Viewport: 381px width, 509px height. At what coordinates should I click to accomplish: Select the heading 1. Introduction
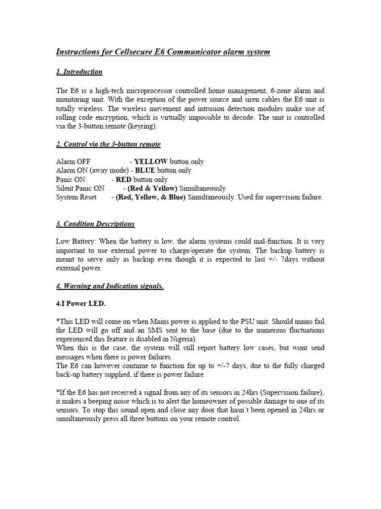(x=79, y=72)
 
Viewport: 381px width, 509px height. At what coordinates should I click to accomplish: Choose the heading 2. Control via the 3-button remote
(x=108, y=144)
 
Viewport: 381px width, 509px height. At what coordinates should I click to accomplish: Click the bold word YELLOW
(x=151, y=162)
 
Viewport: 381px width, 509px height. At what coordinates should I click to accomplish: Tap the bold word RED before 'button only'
(x=123, y=180)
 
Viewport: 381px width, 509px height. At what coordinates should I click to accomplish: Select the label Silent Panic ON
(x=80, y=189)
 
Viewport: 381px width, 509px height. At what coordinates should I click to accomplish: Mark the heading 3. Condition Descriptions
(x=95, y=224)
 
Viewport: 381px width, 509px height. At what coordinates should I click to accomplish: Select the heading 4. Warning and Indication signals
(x=110, y=286)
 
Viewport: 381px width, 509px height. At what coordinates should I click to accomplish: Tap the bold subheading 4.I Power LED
(x=81, y=304)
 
